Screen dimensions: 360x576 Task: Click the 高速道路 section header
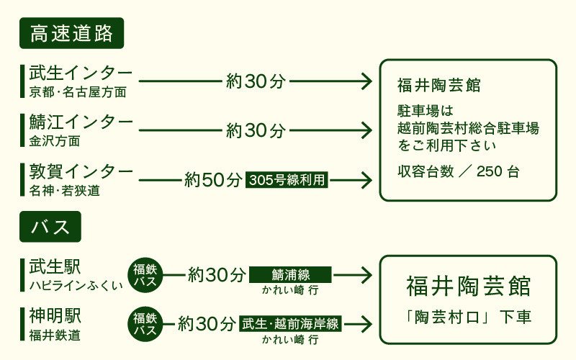pyautogui.click(x=72, y=34)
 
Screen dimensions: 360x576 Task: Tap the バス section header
pyautogui.click(x=50, y=226)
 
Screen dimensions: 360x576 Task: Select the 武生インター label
pyautogui.click(x=81, y=73)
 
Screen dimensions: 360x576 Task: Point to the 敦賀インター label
pyautogui.click(x=81, y=171)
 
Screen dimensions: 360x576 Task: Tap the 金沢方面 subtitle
pyautogui.click(x=55, y=140)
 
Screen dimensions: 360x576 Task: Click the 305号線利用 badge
pyautogui.click(x=287, y=180)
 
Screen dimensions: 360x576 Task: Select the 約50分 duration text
pyautogui.click(x=213, y=179)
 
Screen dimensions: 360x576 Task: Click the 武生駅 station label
pyautogui.click(x=55, y=266)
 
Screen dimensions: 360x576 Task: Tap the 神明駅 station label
pyautogui.click(x=55, y=315)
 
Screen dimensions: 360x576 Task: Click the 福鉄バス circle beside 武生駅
pyautogui.click(x=146, y=275)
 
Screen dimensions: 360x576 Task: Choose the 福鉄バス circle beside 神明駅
pyautogui.click(x=146, y=324)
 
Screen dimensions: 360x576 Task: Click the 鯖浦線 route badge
pyautogui.click(x=290, y=274)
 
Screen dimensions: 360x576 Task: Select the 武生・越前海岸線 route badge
pyautogui.click(x=290, y=323)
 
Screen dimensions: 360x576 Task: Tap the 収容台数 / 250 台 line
pyautogui.click(x=459, y=172)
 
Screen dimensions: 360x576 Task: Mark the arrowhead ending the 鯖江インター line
pyautogui.click(x=366, y=130)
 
